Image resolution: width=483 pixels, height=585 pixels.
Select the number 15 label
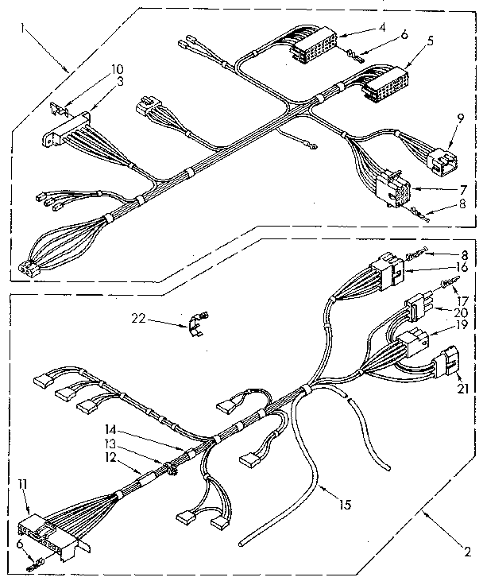pyautogui.click(x=344, y=502)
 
